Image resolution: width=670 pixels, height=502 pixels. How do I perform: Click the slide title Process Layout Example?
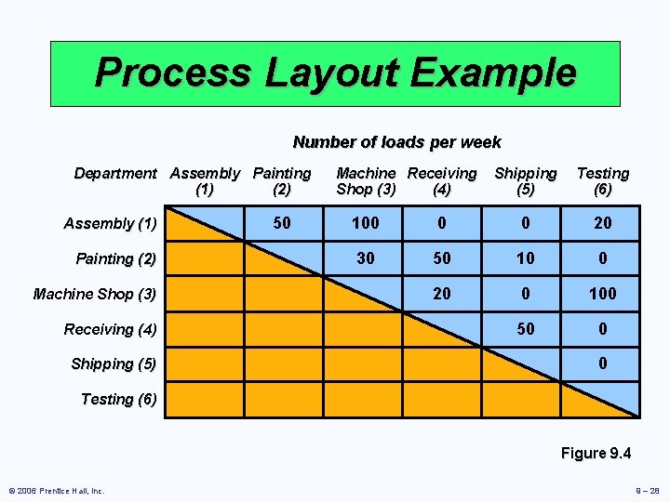pos(335,73)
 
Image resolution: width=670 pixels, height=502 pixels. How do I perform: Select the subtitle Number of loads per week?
pos(396,142)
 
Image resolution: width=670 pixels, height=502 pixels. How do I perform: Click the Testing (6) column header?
pos(602,181)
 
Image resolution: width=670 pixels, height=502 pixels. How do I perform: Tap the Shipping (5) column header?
pos(525,181)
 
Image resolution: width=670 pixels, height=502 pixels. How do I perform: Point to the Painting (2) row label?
pos(116,258)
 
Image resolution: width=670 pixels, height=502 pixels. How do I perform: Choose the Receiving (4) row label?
pos(111,329)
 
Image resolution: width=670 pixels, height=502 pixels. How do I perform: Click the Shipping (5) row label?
pos(114,363)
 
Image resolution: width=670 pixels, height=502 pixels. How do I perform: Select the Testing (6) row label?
pos(119,399)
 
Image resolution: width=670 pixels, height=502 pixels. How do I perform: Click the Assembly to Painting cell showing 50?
pos(281,223)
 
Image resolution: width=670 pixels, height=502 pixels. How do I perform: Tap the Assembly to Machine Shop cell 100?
pos(366,223)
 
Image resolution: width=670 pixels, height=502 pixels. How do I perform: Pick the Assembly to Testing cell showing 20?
pos(602,223)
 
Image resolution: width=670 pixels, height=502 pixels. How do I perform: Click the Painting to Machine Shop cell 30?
pos(366,258)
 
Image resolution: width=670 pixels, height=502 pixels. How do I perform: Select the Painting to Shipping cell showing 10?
pos(525,258)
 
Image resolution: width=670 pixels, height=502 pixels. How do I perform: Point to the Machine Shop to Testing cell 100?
pos(602,294)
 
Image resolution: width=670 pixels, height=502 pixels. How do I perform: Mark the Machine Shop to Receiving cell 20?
pos(442,294)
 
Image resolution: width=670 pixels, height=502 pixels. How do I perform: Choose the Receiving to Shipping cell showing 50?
pos(525,329)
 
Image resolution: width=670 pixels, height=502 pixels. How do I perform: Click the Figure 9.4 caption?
pos(596,454)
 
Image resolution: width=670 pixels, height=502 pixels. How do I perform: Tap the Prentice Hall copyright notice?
pos(57,491)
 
